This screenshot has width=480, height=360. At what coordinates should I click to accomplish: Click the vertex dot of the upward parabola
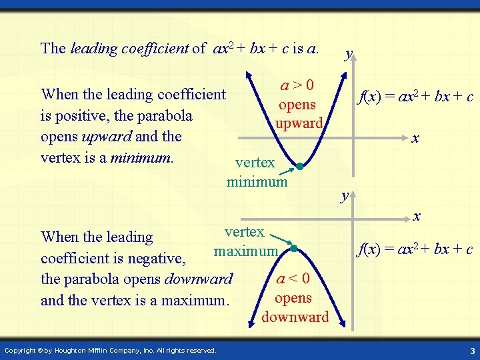point(300,167)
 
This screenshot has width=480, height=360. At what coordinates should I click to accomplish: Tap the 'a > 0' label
point(297,85)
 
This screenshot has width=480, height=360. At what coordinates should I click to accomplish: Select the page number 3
point(471,351)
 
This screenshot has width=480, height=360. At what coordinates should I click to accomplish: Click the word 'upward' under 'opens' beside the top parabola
point(299,123)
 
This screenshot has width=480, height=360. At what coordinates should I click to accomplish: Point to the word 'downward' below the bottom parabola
point(295,317)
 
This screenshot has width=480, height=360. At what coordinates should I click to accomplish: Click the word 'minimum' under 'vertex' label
point(257,181)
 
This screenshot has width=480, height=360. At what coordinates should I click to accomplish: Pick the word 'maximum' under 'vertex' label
point(245,251)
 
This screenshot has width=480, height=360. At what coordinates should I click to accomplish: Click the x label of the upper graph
point(415,139)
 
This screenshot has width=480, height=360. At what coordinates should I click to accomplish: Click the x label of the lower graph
point(417,216)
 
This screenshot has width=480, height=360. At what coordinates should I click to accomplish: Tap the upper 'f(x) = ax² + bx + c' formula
point(415,97)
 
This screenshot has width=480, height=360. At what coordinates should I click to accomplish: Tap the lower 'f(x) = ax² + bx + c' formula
point(415,249)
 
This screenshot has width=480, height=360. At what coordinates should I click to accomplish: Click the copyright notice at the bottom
point(110,351)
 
